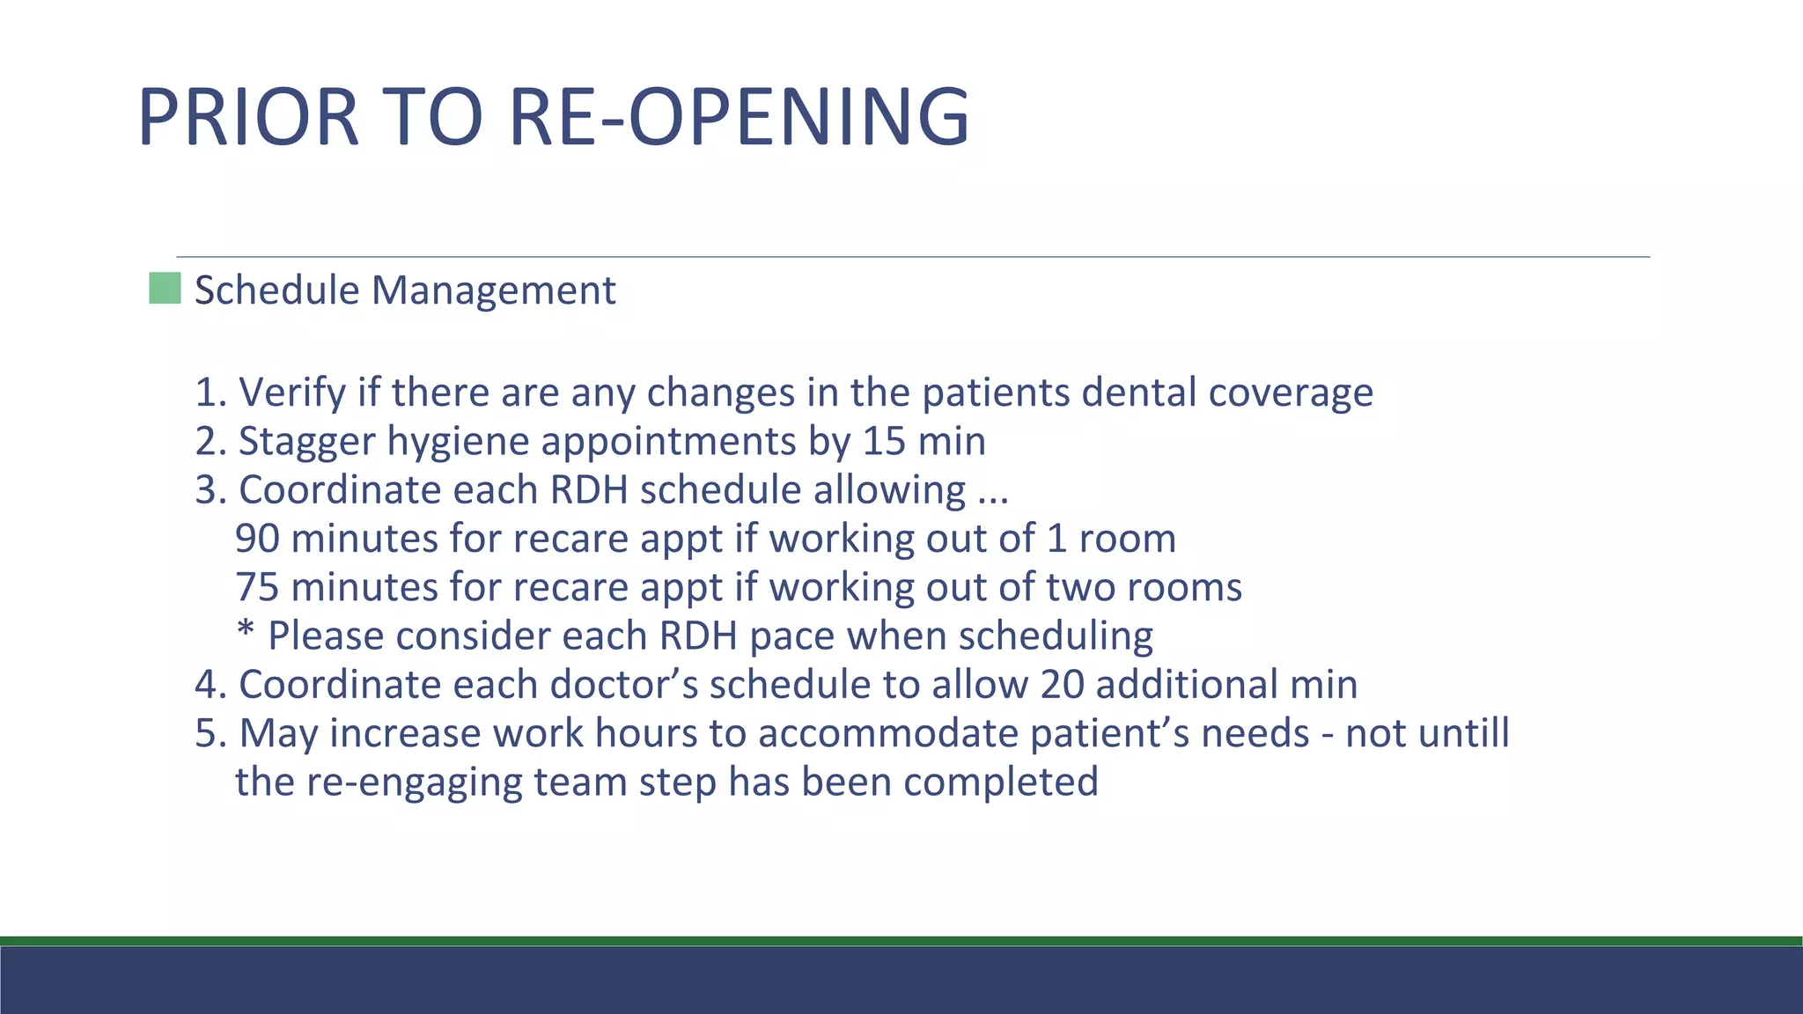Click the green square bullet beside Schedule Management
pyautogui.click(x=165, y=289)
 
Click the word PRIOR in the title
pyautogui.click(x=248, y=117)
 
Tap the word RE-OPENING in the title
pyautogui.click(x=739, y=117)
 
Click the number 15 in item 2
pyautogui.click(x=883, y=441)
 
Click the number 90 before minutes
pyautogui.click(x=257, y=539)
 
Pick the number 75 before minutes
pyautogui.click(x=257, y=587)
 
